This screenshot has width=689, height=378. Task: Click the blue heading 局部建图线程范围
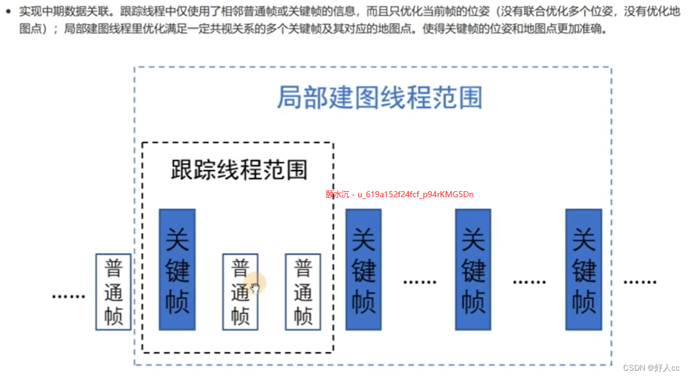pyautogui.click(x=379, y=97)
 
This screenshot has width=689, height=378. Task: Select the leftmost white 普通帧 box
pyautogui.click(x=113, y=292)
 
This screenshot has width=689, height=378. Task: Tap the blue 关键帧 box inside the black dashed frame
pyautogui.click(x=177, y=270)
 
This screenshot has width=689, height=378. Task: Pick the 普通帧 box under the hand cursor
pyautogui.click(x=240, y=292)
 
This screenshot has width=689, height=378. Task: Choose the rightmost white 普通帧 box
pyautogui.click(x=303, y=292)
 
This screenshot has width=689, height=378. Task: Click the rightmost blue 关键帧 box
pyautogui.click(x=583, y=270)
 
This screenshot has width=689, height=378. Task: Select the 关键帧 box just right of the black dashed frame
pyautogui.click(x=364, y=270)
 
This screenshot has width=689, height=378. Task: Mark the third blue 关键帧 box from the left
pyautogui.click(x=473, y=270)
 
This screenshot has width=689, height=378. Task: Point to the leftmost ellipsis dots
pyautogui.click(x=68, y=296)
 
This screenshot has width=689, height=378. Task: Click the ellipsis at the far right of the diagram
pyautogui.click(x=639, y=282)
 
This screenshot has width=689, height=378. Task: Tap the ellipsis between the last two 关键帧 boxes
pyautogui.click(x=529, y=282)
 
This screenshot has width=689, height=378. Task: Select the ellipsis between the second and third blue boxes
pyautogui.click(x=420, y=282)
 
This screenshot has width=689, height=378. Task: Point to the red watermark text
pyautogui.click(x=400, y=195)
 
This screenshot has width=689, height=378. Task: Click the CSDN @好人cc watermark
pyautogui.click(x=651, y=368)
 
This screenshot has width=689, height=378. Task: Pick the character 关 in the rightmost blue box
pyautogui.click(x=583, y=239)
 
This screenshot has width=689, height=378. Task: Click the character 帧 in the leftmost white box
pyautogui.click(x=113, y=316)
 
